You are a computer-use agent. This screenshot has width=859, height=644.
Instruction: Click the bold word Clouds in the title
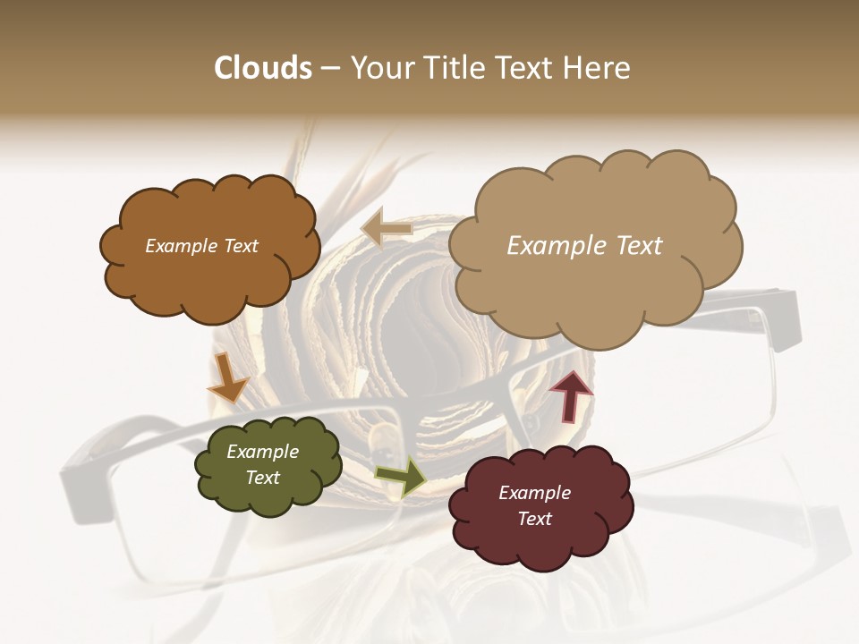point(263,68)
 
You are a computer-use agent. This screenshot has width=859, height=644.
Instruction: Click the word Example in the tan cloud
point(559,246)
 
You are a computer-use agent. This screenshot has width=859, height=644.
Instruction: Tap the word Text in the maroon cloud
point(534,519)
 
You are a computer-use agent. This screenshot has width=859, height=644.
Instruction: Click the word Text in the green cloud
point(263,478)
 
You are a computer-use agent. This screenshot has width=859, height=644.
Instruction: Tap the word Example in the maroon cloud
point(534,493)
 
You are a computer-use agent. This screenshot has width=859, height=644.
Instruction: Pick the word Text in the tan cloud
point(639,246)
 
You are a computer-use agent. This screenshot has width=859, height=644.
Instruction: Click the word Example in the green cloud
point(263,452)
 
